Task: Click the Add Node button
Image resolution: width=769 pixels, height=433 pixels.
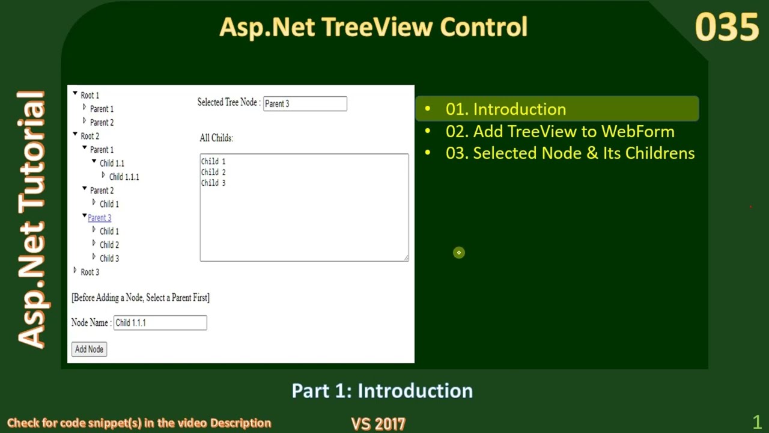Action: tap(89, 349)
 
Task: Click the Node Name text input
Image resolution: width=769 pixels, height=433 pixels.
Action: tap(160, 323)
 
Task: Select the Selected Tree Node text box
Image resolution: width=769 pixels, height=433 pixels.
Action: tap(305, 104)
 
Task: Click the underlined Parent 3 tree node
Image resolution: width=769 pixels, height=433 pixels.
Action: tap(99, 218)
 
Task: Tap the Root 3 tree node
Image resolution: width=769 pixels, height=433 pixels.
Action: tap(90, 272)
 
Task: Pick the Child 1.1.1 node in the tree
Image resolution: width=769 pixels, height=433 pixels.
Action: tap(124, 177)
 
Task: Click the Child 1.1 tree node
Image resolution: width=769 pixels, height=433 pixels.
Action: tap(112, 164)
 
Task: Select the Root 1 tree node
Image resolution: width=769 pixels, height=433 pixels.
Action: tap(90, 96)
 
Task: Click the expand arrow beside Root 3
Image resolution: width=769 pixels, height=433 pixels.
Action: tap(75, 271)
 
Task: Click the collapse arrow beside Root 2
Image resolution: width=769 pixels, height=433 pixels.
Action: tap(75, 135)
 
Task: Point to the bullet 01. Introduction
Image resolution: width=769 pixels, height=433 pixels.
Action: tap(505, 109)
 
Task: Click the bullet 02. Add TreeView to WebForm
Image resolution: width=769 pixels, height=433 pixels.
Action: tap(559, 131)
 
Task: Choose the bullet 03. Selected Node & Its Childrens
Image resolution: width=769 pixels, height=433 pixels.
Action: tap(570, 153)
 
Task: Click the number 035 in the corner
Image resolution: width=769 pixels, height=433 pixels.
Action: tap(726, 28)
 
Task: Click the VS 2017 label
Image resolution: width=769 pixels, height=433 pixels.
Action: tap(378, 423)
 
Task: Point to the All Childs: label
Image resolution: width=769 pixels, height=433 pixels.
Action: tap(216, 138)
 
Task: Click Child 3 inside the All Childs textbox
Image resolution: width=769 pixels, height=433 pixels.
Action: tap(213, 183)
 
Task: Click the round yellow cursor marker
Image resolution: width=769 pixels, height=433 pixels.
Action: tap(458, 253)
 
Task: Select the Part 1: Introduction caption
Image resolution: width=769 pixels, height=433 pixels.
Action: tap(382, 391)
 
